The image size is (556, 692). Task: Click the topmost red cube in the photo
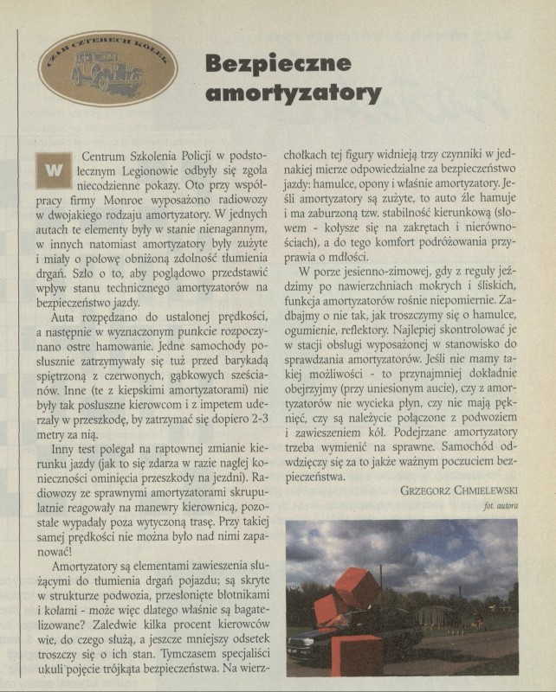pyautogui.click(x=357, y=587)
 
